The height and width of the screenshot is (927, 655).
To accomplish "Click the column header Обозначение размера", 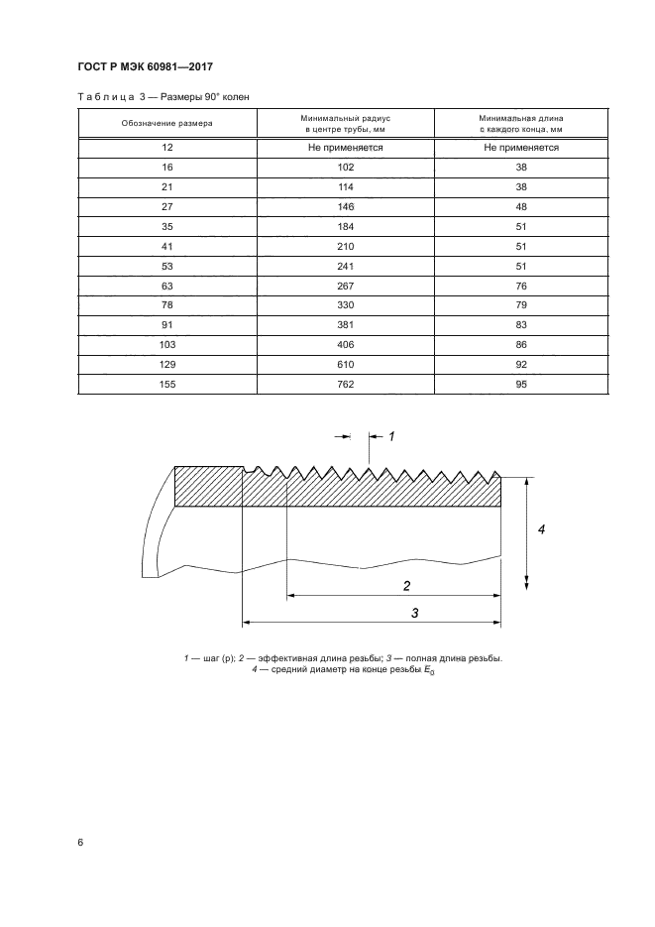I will tap(167, 123).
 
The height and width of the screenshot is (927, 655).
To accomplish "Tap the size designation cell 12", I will tap(167, 147).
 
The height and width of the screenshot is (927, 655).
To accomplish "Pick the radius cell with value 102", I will tap(345, 168).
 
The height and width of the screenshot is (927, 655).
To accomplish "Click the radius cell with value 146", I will tap(345, 207).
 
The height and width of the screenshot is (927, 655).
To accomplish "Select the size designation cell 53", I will tap(167, 267).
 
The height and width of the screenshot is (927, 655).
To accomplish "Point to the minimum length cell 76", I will tap(521, 287).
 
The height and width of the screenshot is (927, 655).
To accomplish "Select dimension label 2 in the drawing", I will tap(407, 585).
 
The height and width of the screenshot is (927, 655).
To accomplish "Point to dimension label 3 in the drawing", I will tap(415, 613).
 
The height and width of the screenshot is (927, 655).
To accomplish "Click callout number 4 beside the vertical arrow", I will tap(542, 529).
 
